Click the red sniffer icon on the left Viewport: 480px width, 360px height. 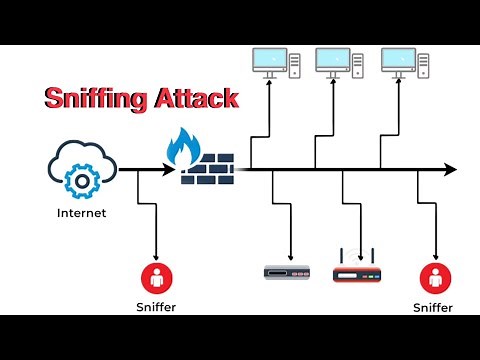click(156, 276)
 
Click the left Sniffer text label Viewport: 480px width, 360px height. click(156, 307)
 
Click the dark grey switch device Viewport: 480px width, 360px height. click(289, 271)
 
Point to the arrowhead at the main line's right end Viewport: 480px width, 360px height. click(451, 170)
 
